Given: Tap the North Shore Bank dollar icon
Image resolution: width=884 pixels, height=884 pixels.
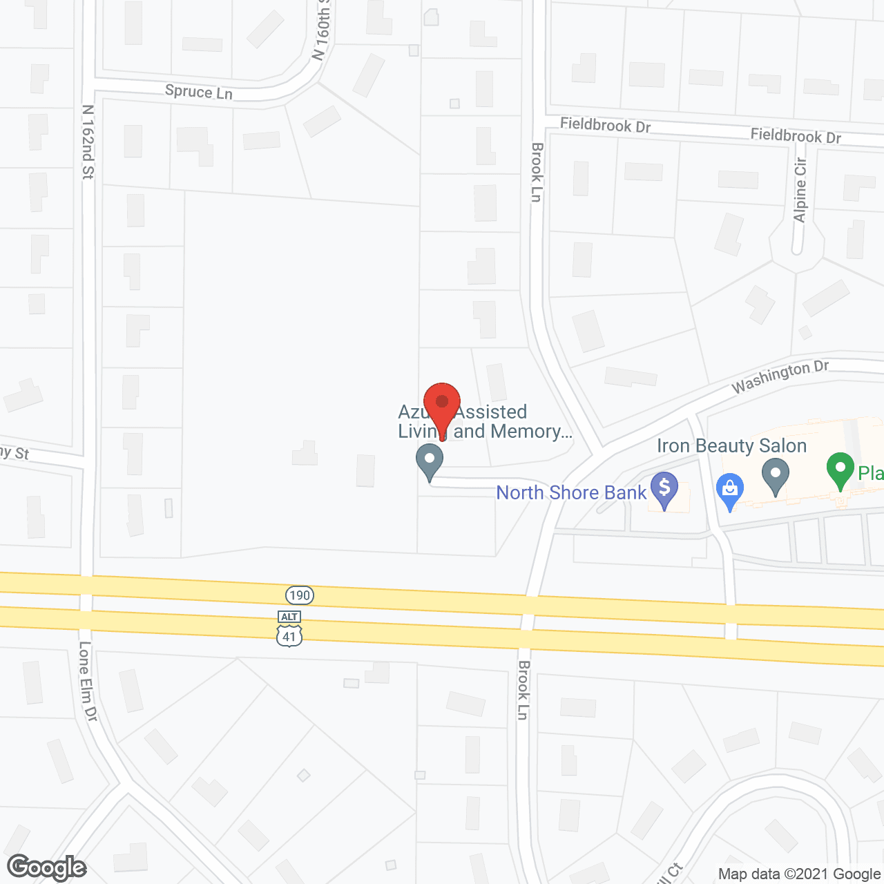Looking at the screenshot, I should (x=664, y=489).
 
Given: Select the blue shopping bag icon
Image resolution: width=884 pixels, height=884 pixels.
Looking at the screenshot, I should (x=729, y=491).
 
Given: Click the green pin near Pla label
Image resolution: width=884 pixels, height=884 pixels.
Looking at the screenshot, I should (x=840, y=470).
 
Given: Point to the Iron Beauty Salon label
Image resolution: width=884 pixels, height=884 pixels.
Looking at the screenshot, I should (x=731, y=446).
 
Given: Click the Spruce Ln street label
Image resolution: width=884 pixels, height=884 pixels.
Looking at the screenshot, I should (x=199, y=92).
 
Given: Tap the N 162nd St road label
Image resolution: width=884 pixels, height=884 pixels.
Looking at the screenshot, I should (x=88, y=142).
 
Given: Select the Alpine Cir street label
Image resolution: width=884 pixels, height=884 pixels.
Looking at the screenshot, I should (x=800, y=191).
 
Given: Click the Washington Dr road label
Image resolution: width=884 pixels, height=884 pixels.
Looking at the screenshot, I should (x=780, y=376).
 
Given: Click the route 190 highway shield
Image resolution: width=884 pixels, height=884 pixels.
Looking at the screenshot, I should (x=300, y=595).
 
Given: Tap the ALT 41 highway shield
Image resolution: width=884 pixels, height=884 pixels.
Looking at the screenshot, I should (x=289, y=628).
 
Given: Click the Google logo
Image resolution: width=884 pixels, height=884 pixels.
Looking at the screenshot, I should (x=47, y=867).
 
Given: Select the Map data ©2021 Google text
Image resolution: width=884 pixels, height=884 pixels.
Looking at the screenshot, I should (x=799, y=874).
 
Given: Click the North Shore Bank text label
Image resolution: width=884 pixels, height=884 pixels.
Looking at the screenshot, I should (x=571, y=492).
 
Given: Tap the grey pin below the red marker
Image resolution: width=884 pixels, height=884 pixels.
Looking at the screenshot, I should (x=430, y=461).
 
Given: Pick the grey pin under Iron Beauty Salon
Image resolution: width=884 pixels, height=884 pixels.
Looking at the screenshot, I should (x=776, y=477).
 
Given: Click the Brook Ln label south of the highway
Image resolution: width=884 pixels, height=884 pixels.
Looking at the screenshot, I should (x=523, y=690).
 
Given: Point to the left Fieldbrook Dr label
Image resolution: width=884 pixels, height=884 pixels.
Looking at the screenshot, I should (x=605, y=125).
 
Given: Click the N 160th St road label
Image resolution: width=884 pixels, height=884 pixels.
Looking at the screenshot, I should (x=322, y=31).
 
